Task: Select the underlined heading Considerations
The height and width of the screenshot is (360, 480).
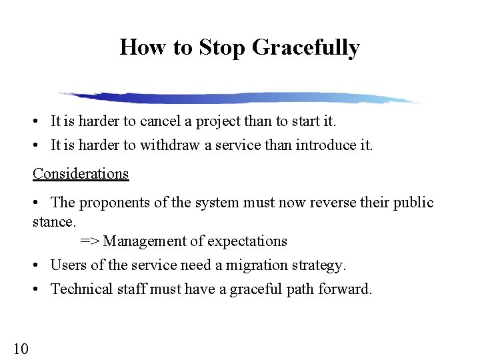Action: [x=81, y=173]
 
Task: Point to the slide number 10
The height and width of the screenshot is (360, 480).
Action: [x=20, y=347]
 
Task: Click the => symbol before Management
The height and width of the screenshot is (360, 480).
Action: [x=90, y=241]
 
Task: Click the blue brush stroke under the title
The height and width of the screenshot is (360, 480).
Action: [x=240, y=98]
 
